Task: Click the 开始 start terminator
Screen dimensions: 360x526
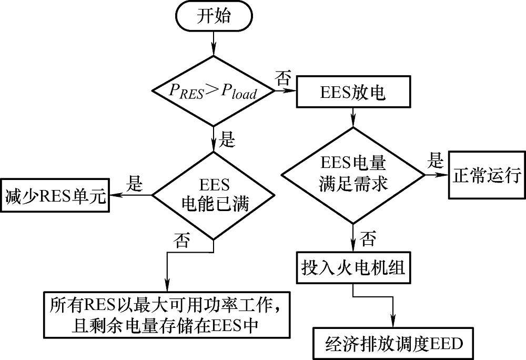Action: coord(214,17)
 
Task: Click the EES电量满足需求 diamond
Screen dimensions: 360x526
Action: coord(353,175)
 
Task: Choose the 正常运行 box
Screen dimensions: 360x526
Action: coord(486,176)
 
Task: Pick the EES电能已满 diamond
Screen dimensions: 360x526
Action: coord(213,195)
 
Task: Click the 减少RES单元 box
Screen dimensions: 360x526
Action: coord(55,196)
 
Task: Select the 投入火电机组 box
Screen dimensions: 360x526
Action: coord(353,268)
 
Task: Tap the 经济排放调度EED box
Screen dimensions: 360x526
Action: coord(393,343)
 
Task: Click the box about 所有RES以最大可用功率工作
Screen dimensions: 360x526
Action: coord(167,314)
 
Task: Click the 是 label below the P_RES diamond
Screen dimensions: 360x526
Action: coord(226,139)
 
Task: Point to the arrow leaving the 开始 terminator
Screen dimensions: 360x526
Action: coord(213,42)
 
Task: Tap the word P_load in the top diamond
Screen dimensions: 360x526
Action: coord(239,92)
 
